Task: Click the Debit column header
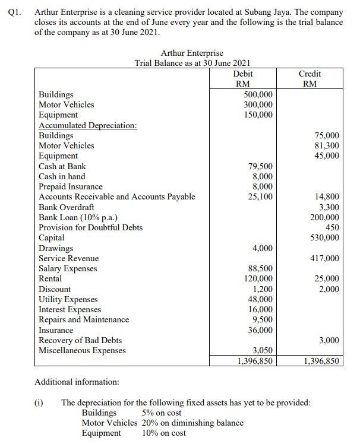[244, 74]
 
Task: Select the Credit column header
[310, 74]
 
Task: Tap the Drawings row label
[56, 248]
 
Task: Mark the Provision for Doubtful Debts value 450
[332, 227]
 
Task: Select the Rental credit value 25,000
[327, 279]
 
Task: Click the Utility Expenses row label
[68, 299]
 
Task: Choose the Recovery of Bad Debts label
[80, 340]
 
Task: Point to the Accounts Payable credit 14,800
[327, 197]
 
